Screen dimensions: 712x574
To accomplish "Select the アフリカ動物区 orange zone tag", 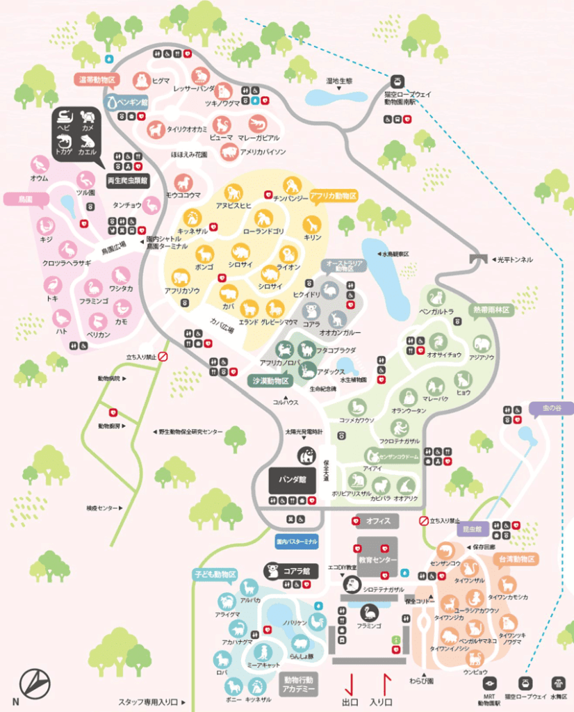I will coord(333,195).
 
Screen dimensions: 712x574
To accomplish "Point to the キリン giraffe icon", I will coord(312,224).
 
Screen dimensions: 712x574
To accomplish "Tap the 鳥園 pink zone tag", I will coord(19,200).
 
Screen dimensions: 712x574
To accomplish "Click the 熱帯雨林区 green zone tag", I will coord(491,309).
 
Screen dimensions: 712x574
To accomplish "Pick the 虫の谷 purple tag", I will coord(550,409).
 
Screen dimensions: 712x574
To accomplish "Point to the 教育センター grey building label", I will coord(378,560).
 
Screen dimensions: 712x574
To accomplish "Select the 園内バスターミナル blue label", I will coord(297,540).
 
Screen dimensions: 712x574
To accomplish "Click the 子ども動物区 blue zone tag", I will coord(215,574).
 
